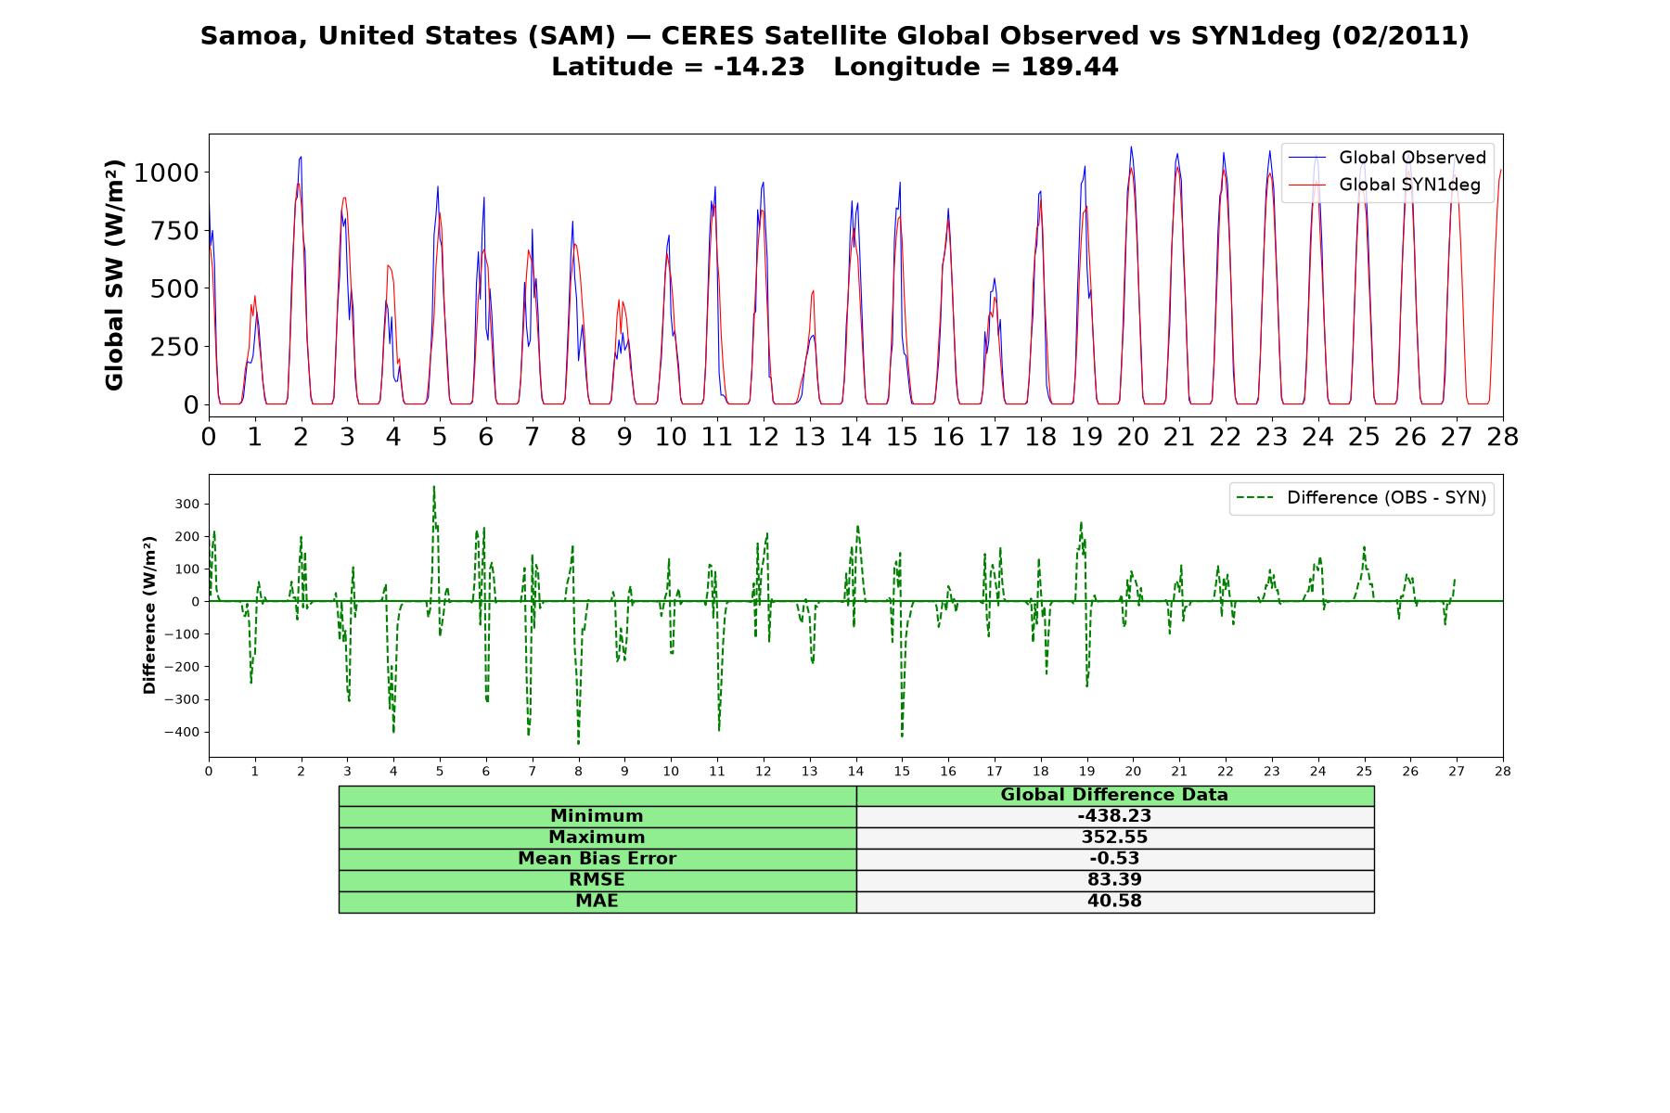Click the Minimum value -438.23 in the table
pyautogui.click(x=1114, y=816)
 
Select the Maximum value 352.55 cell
pyautogui.click(x=1114, y=838)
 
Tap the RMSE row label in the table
pyautogui.click(x=597, y=880)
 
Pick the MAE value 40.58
pyautogui.click(x=1114, y=902)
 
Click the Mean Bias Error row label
pyautogui.click(x=597, y=859)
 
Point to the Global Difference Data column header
pyautogui.click(x=1114, y=795)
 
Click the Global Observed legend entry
pyautogui.click(x=1387, y=158)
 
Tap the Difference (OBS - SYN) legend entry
pyautogui.click(x=1361, y=498)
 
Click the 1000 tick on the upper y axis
pyautogui.click(x=166, y=173)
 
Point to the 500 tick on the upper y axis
pyautogui.click(x=174, y=288)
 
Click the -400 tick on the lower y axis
pyautogui.click(x=182, y=732)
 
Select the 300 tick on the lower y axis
pyautogui.click(x=188, y=505)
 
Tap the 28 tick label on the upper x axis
pyautogui.click(x=1503, y=437)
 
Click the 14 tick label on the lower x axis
pyautogui.click(x=855, y=771)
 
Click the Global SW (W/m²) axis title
pyautogui.click(x=114, y=275)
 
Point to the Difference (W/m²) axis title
pyautogui.click(x=149, y=616)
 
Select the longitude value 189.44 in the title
pyautogui.click(x=1070, y=68)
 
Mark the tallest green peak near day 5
pyautogui.click(x=433, y=486)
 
